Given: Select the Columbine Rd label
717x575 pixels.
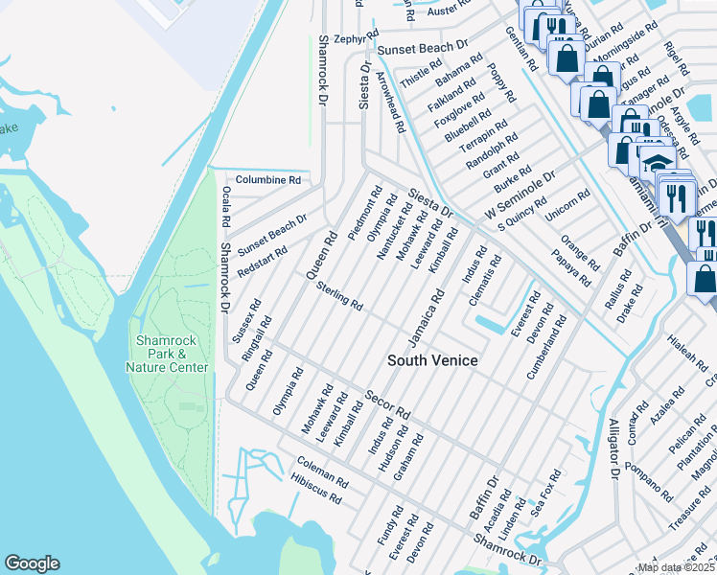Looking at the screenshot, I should point(268,179).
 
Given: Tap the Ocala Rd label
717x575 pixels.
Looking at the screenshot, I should point(226,206).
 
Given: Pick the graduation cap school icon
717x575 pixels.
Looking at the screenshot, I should point(657,163).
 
